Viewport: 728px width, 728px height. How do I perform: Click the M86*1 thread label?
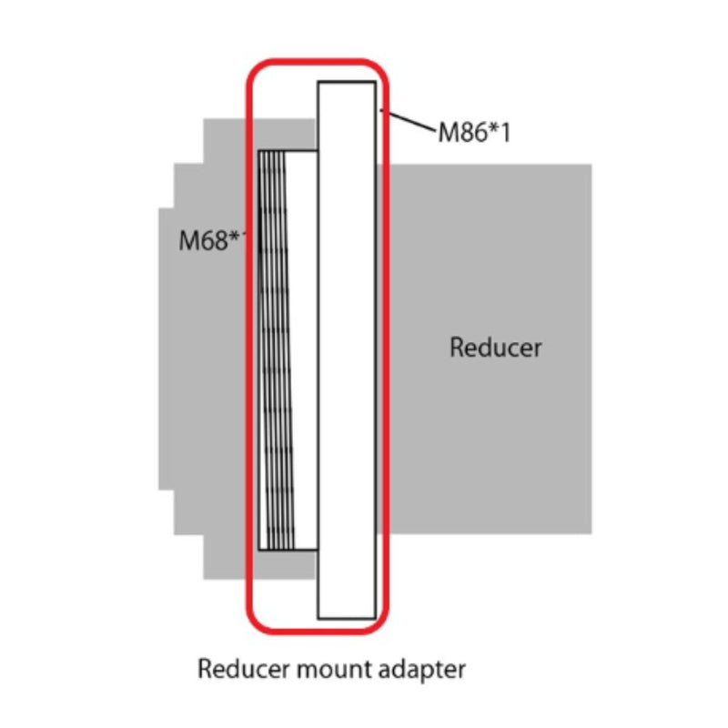[x=474, y=133]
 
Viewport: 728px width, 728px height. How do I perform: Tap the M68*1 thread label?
[x=215, y=241]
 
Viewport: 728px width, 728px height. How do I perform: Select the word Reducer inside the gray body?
[x=496, y=347]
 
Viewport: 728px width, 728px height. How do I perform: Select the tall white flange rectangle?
[x=346, y=350]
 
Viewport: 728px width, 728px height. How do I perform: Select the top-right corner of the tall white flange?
[x=375, y=82]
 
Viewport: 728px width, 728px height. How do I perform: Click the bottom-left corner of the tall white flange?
[x=318, y=619]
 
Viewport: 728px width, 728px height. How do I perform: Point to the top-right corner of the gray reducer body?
[x=591, y=165]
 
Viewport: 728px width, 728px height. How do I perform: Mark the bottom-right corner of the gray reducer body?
[x=591, y=533]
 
